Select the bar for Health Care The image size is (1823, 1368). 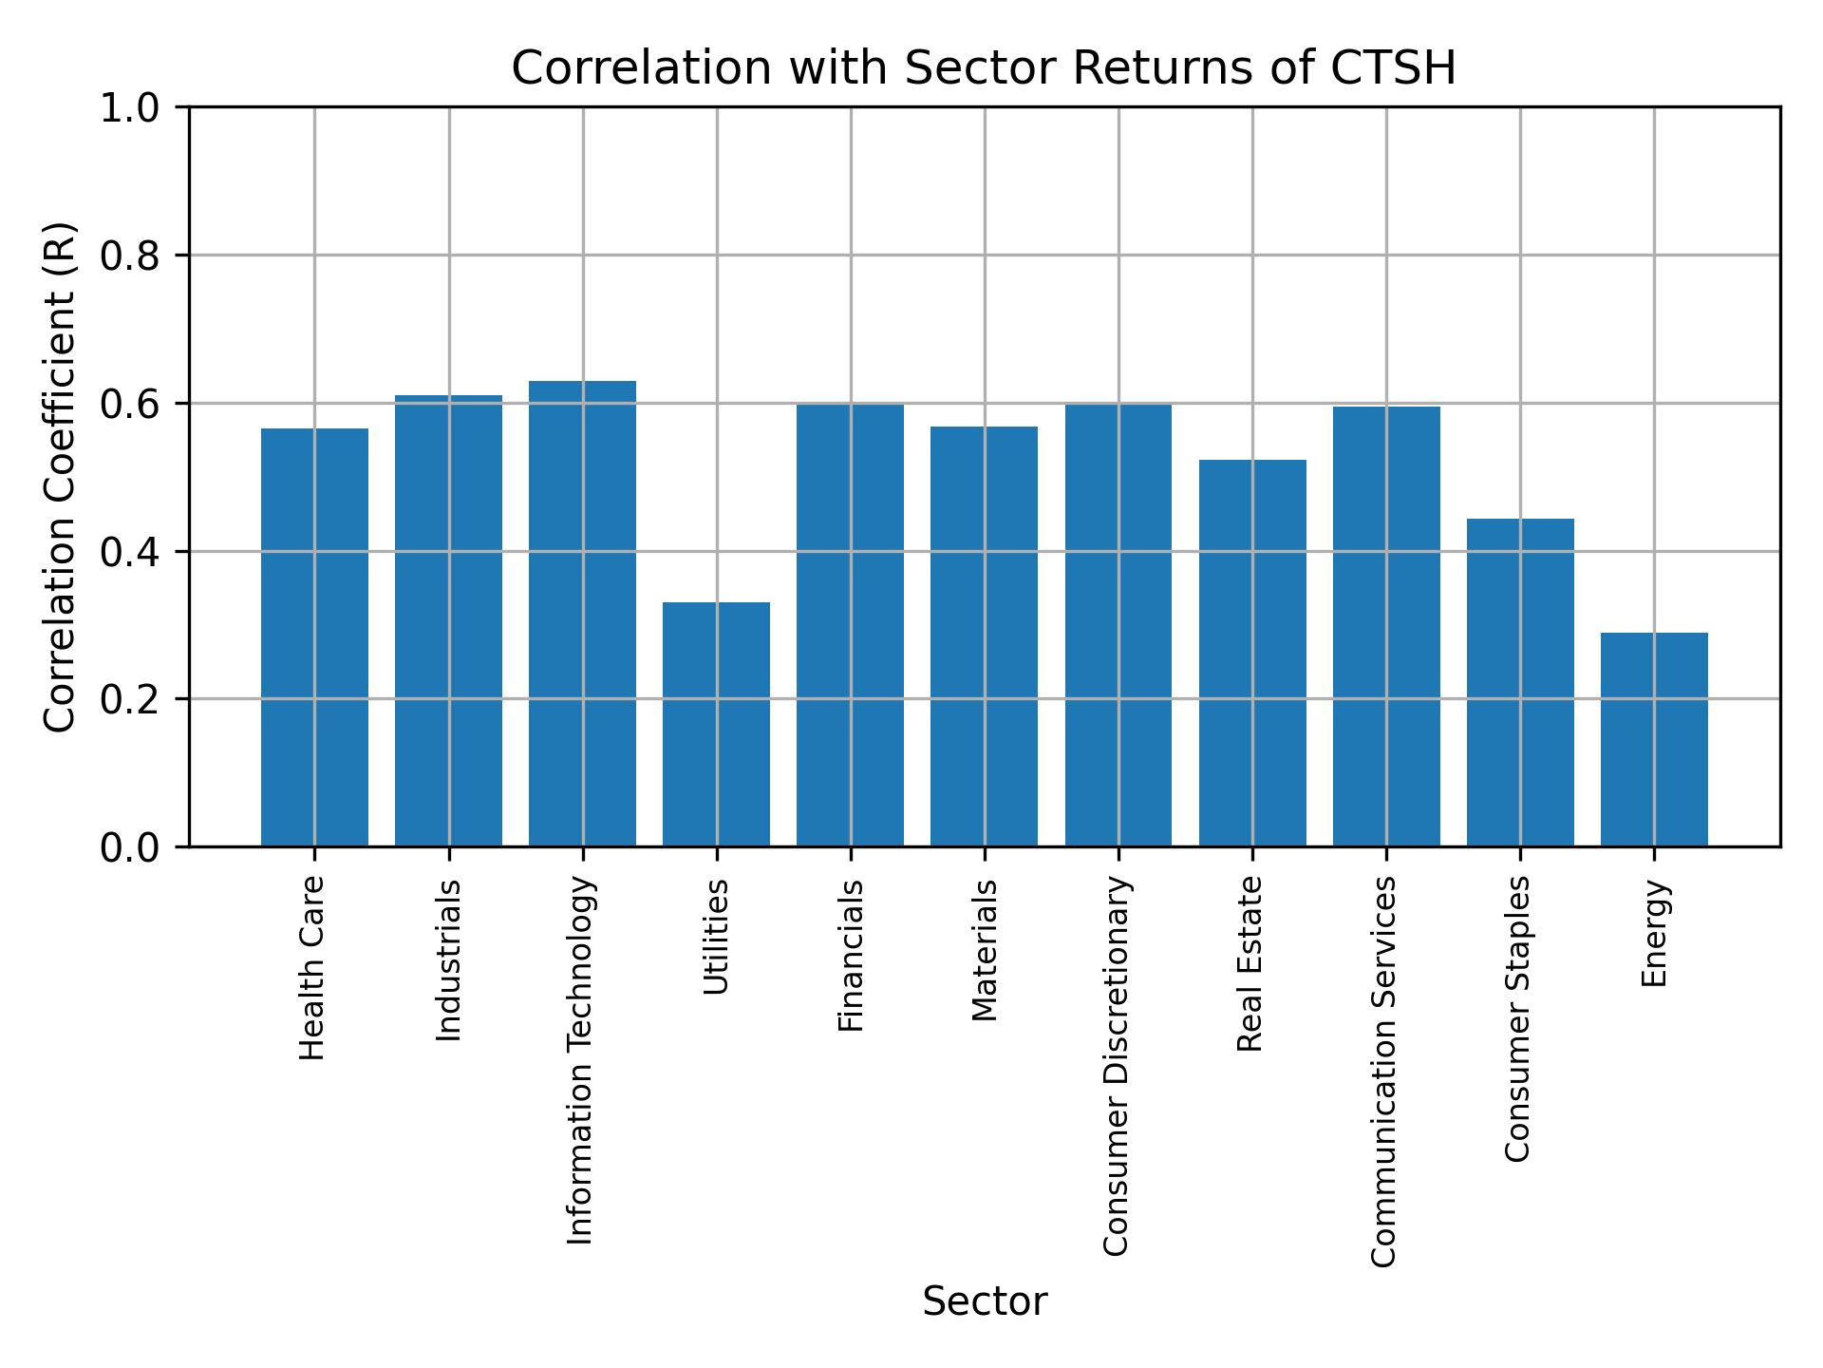pyautogui.click(x=314, y=636)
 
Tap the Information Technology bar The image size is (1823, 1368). pyautogui.click(x=582, y=613)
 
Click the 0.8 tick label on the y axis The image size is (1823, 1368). pyautogui.click(x=131, y=256)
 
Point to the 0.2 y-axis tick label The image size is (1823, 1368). pyautogui.click(x=131, y=699)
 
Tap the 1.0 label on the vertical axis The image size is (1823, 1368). pyautogui.click(x=131, y=107)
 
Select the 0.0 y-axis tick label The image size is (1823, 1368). pyautogui.click(x=131, y=846)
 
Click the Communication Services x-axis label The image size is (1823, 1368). pyautogui.click(x=1384, y=1071)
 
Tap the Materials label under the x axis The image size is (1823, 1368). pyautogui.click(x=985, y=950)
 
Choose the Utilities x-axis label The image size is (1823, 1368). pyautogui.click(x=716, y=937)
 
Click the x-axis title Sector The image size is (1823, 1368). pyautogui.click(x=985, y=1301)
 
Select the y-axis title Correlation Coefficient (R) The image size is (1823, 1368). pyautogui.click(x=59, y=477)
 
